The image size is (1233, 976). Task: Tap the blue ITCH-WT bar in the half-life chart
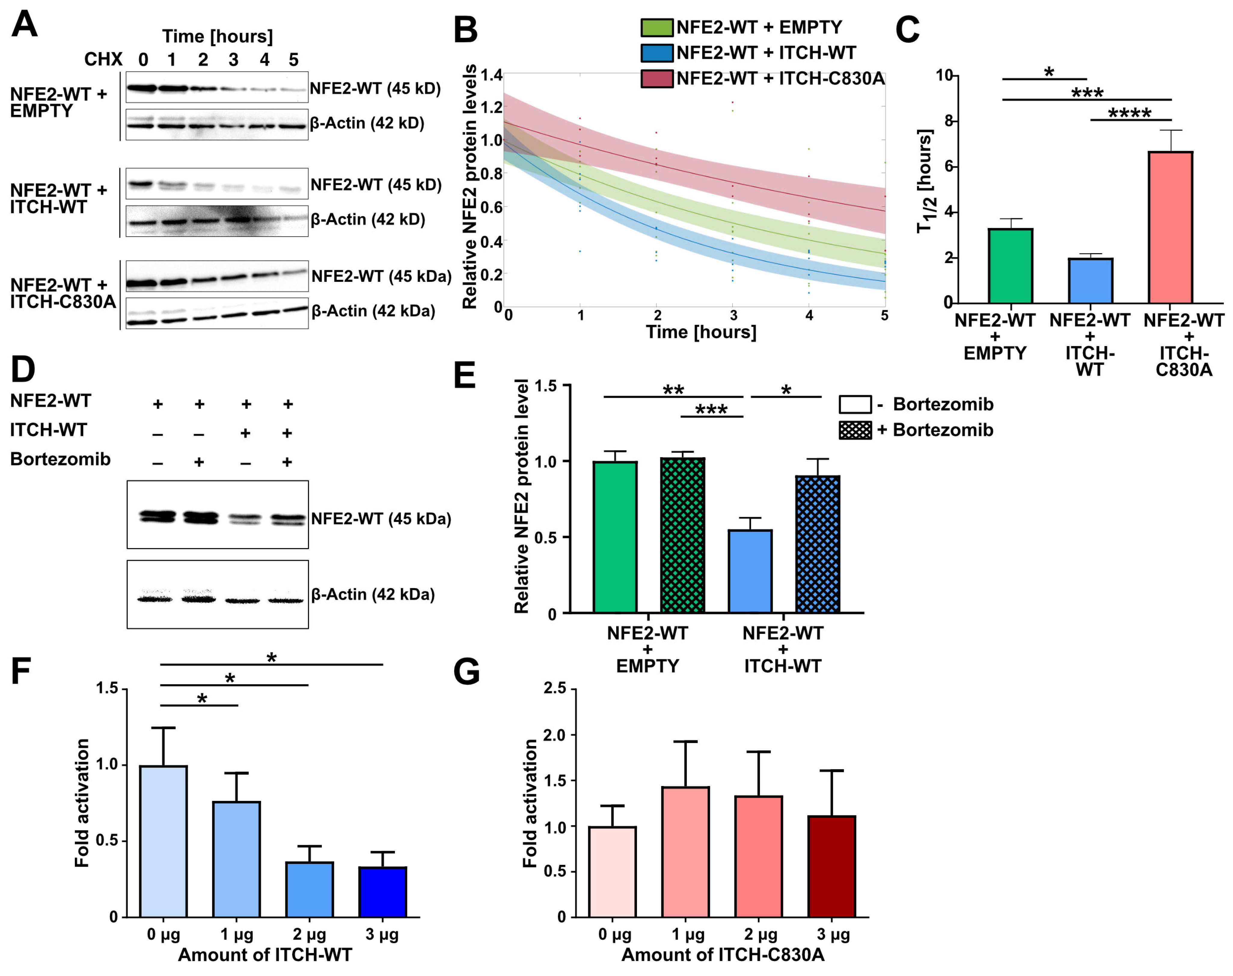click(x=1090, y=281)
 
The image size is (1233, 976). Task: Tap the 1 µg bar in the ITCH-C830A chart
click(x=685, y=852)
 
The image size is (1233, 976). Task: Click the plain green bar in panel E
click(x=615, y=537)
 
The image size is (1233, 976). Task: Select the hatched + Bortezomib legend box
click(x=855, y=430)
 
